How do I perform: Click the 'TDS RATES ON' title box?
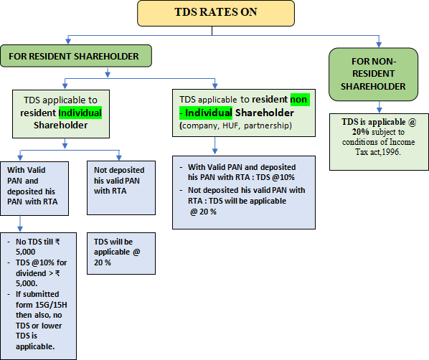[216, 13]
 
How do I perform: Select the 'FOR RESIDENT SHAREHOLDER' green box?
[76, 56]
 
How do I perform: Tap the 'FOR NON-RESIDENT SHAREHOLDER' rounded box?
[374, 74]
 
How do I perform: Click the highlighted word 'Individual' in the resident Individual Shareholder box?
[80, 113]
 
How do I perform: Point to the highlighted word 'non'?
[300, 99]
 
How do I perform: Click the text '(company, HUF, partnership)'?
[235, 125]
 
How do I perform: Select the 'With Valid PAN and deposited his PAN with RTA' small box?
[34, 189]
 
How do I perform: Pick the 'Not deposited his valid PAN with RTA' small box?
[121, 188]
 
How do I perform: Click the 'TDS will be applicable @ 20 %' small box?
[121, 254]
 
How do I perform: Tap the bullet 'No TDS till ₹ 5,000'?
[37, 247]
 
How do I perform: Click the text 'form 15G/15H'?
[42, 305]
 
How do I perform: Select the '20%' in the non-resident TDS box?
[361, 132]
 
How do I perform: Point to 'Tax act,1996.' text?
[378, 152]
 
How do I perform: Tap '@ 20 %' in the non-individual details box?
[203, 212]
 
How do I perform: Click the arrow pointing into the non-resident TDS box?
[379, 107]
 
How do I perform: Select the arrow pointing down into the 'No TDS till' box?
[20, 224]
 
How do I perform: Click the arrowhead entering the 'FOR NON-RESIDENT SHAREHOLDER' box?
[379, 44]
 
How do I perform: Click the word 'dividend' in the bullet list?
[27, 273]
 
